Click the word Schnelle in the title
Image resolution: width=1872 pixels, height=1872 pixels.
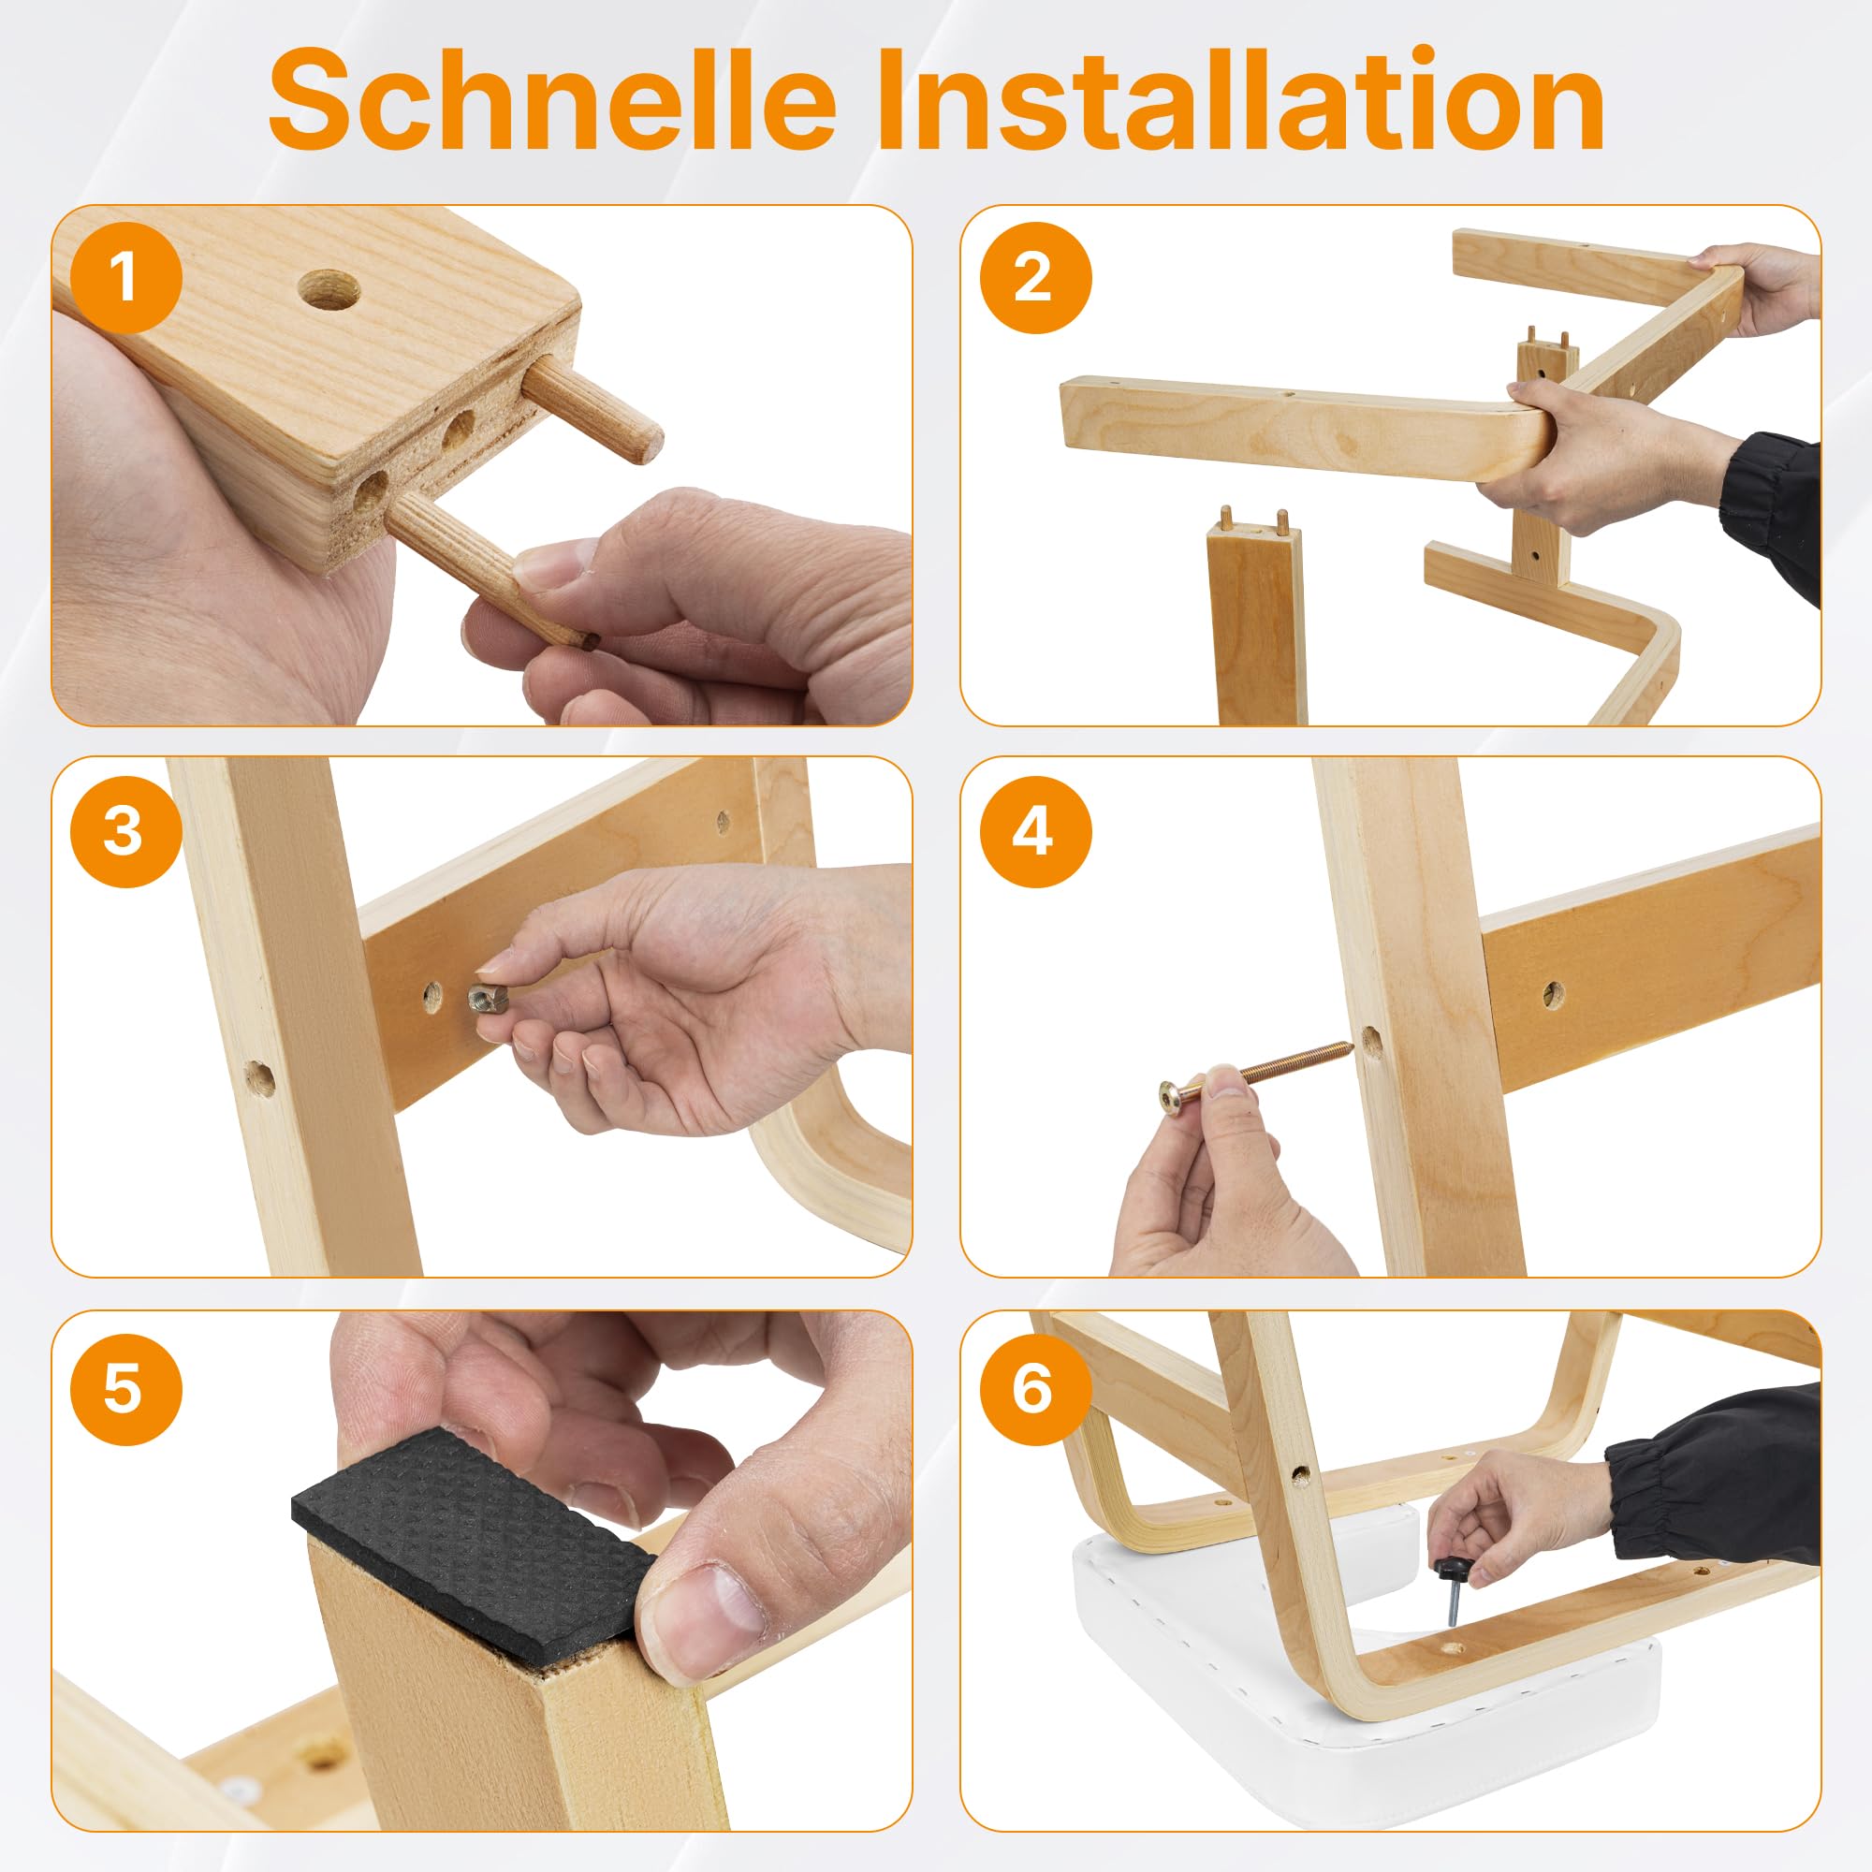tap(552, 102)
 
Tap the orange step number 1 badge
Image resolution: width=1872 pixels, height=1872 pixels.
tap(126, 277)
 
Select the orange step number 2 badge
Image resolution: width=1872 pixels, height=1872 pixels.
tap(1035, 277)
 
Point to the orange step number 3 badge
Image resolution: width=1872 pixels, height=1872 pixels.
tap(126, 831)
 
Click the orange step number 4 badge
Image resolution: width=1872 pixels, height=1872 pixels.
tap(1035, 831)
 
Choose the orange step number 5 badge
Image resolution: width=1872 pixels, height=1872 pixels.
tap(126, 1388)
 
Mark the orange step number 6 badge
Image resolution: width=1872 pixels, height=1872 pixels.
tap(1035, 1388)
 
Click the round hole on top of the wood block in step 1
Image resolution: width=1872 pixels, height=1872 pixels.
tap(329, 290)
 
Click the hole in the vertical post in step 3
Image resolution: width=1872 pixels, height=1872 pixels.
tap(259, 1076)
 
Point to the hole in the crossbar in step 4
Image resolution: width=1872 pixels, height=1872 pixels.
tap(1553, 993)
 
